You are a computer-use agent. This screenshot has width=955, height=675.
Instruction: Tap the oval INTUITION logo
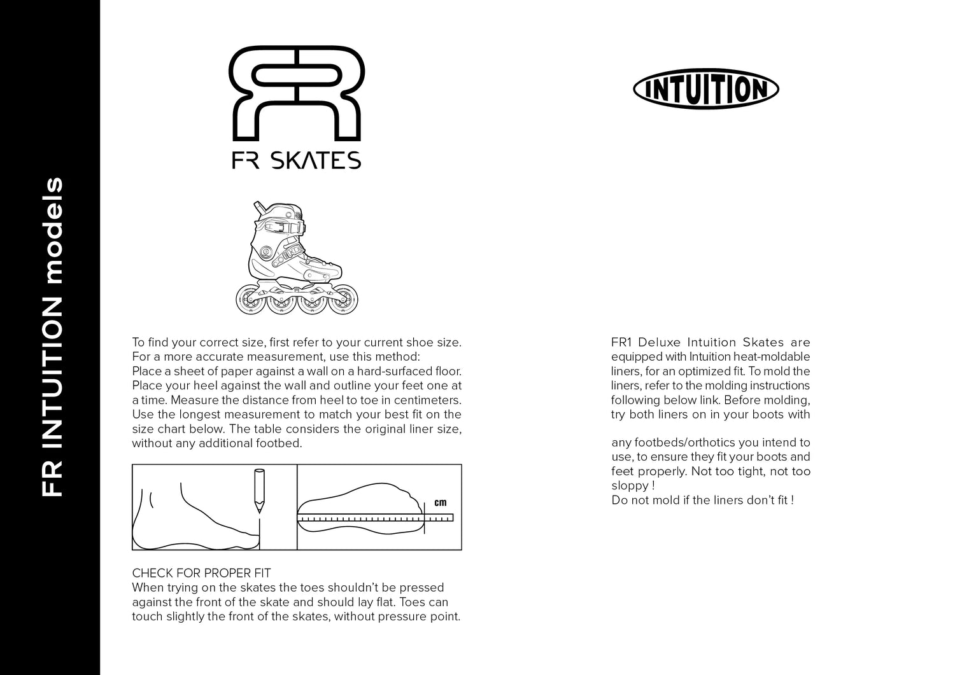[705, 90]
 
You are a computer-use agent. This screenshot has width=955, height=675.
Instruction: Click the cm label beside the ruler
[440, 503]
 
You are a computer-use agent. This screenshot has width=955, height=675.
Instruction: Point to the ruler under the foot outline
[374, 519]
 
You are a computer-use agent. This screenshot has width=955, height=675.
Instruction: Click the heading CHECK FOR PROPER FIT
[201, 573]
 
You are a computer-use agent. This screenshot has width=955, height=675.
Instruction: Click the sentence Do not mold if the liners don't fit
[702, 500]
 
